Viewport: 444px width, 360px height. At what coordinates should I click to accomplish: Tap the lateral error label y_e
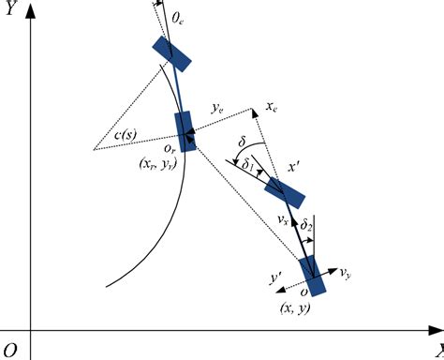(x=216, y=110)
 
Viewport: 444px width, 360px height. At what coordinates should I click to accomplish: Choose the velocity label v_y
(x=347, y=274)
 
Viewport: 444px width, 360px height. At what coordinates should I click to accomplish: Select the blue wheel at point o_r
(x=186, y=130)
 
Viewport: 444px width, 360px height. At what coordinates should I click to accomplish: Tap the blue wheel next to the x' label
(x=285, y=192)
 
